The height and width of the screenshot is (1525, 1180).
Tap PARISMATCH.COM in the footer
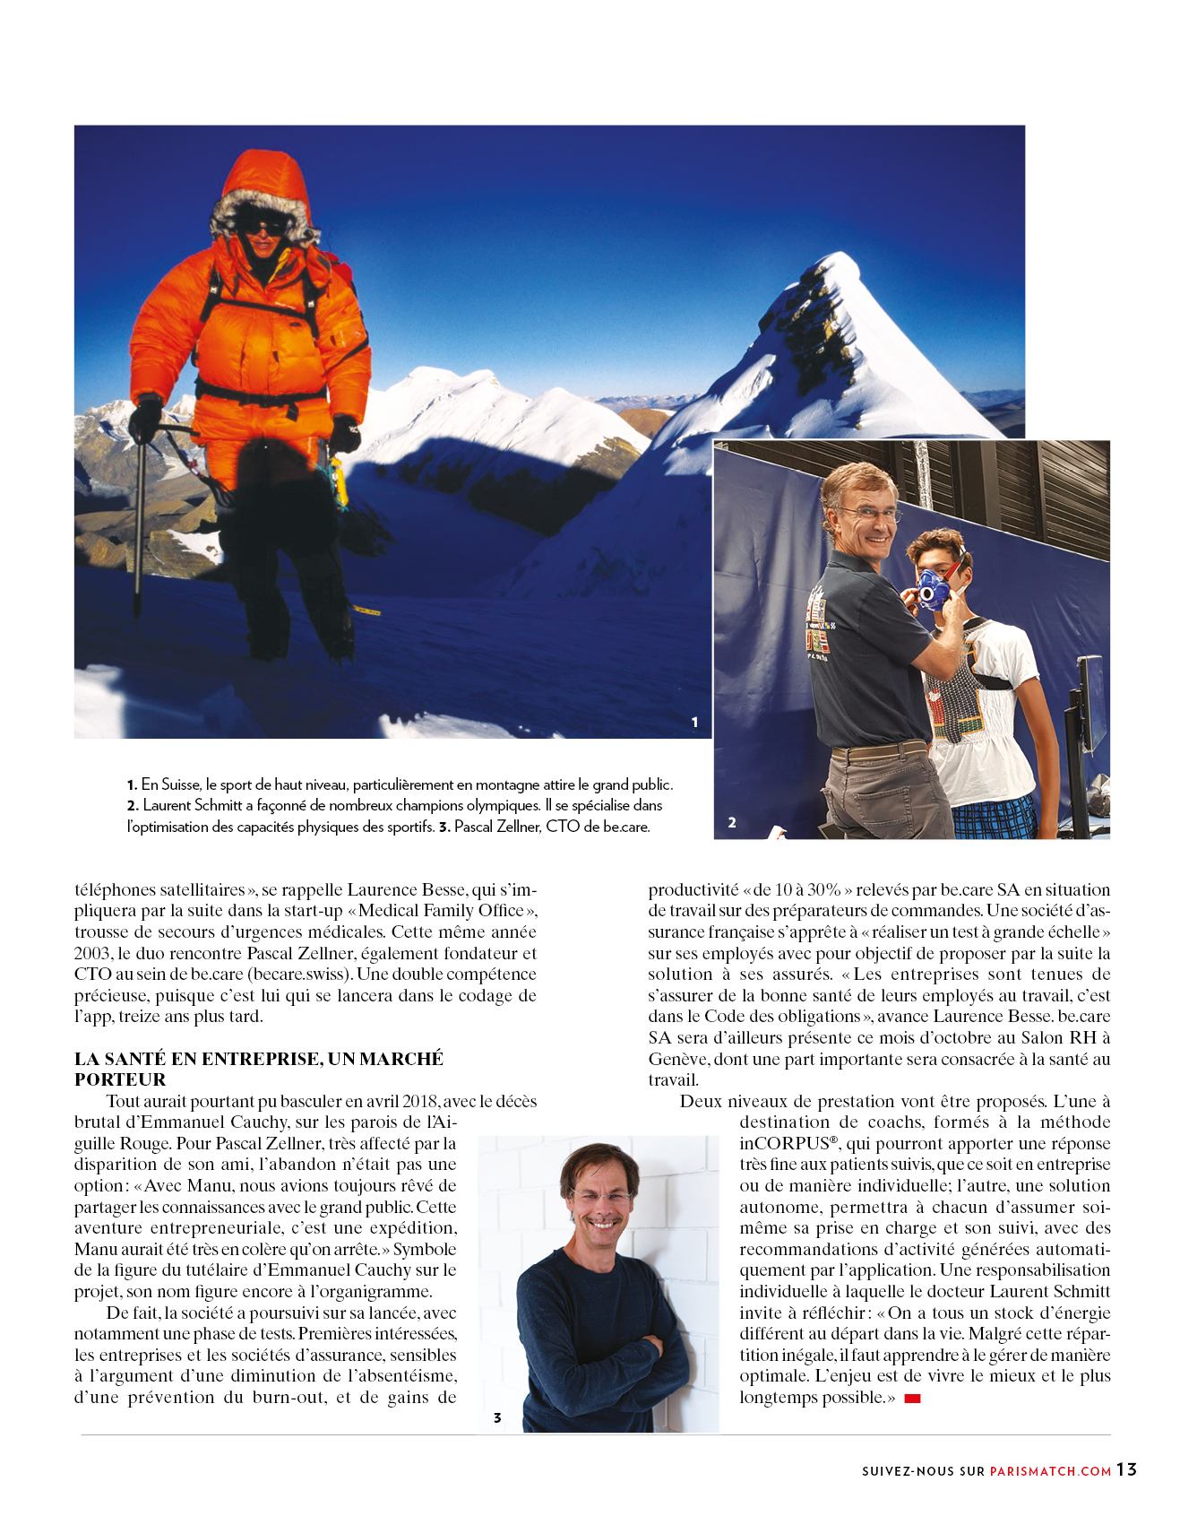pos(1050,1471)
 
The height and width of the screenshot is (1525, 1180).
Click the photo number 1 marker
pos(694,722)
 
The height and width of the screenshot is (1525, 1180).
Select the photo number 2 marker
pos(732,822)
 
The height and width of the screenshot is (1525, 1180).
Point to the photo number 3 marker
pos(497,1417)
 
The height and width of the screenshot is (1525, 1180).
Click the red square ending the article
pos(912,1399)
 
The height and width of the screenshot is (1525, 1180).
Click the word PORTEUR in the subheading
pos(120,1079)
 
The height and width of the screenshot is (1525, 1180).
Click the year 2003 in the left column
pos(93,953)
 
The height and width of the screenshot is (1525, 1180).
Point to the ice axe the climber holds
pos(140,520)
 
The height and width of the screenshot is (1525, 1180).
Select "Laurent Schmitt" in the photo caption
pos(193,805)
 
